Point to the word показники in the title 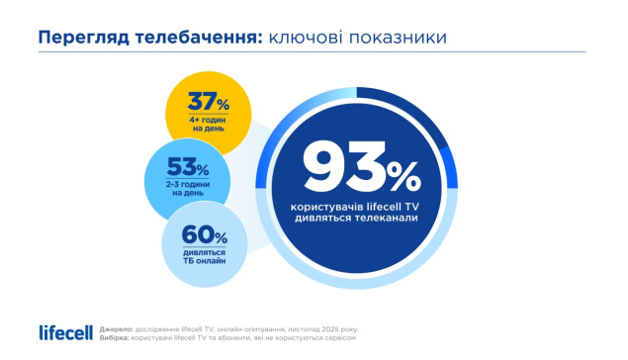click(x=398, y=38)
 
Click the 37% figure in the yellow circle click(x=209, y=102)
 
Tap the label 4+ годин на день click(x=209, y=125)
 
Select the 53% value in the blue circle click(x=188, y=166)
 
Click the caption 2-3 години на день click(x=188, y=189)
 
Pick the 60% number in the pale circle click(x=205, y=234)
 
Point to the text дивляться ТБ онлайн click(x=205, y=257)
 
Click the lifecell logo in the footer click(x=65, y=332)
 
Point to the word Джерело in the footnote click(x=117, y=329)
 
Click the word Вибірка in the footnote click(x=114, y=338)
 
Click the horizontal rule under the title click(x=312, y=52)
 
